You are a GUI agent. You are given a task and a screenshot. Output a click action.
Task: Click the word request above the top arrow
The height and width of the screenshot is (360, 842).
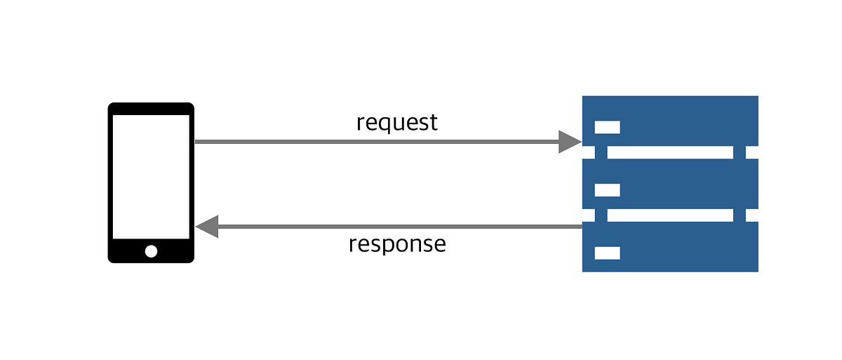pos(397,123)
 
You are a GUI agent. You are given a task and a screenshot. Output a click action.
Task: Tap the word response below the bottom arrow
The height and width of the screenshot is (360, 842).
pos(397,244)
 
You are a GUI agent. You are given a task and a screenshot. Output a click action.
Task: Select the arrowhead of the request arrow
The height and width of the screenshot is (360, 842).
pos(569,142)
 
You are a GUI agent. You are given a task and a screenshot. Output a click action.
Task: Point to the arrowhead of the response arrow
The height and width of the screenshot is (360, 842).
pos(208,227)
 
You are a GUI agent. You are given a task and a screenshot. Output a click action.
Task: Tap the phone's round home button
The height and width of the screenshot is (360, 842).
pos(151,251)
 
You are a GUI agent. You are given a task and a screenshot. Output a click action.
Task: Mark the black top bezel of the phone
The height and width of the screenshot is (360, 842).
pos(151,109)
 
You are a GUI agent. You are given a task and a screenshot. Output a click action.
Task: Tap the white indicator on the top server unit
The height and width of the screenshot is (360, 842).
pos(608,127)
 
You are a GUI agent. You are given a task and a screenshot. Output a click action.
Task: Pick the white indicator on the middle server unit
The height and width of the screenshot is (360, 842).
pos(608,190)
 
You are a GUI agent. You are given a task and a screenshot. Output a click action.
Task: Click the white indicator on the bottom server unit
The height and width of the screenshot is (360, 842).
pos(608,253)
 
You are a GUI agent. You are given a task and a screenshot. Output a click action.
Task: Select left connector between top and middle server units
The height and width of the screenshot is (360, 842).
pos(601,152)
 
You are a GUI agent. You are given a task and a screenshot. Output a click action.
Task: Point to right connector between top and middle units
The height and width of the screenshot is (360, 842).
pos(739,152)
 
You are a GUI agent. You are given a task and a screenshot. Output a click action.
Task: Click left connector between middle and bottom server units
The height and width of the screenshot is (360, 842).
pos(601,215)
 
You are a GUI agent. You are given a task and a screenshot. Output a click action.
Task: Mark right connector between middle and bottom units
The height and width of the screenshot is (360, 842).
pos(739,215)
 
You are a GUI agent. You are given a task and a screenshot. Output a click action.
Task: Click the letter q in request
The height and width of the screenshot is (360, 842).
pos(384,124)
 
